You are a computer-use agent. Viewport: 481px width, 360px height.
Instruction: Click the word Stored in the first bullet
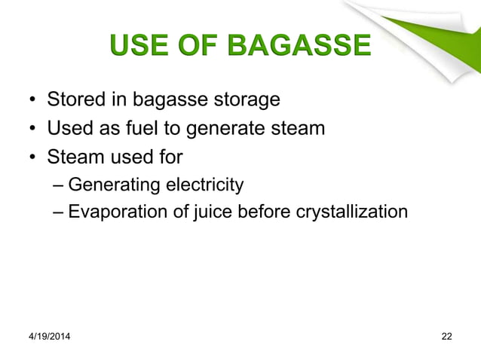click(x=73, y=99)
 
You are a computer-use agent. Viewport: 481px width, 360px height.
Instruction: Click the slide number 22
click(x=446, y=335)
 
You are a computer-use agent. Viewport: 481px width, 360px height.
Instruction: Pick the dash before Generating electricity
click(x=60, y=185)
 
